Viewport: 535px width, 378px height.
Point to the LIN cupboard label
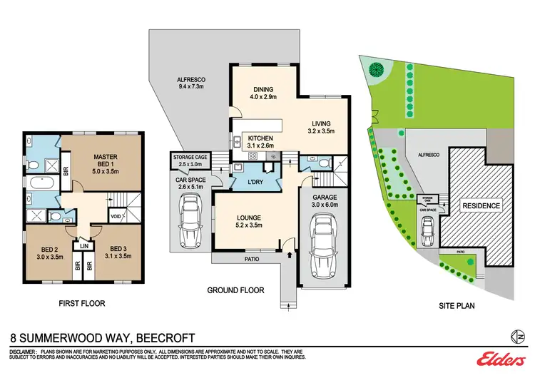(x=84, y=246)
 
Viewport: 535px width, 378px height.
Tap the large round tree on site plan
(x=375, y=70)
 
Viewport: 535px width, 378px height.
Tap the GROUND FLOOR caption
(x=235, y=290)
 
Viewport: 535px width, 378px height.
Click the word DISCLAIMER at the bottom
(x=26, y=351)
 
